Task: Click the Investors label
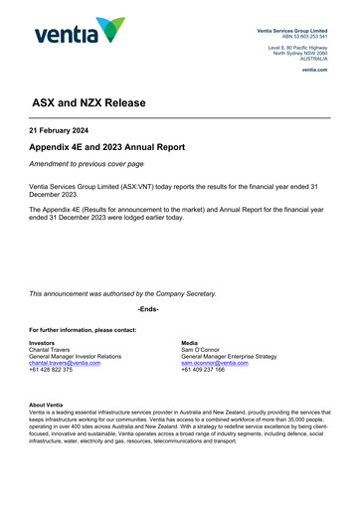coord(44,342)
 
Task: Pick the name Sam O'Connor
coord(205,349)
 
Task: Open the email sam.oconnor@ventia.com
coord(215,363)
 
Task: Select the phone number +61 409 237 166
coord(204,370)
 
